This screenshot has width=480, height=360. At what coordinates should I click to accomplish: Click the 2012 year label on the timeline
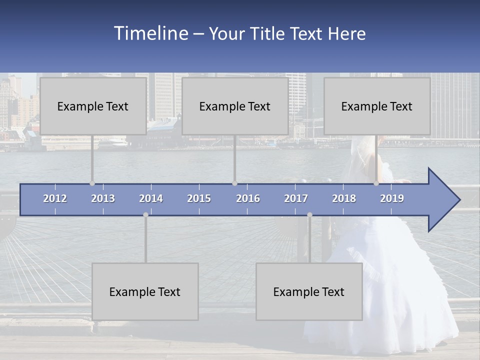[x=55, y=198]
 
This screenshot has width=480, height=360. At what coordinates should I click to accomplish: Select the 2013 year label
[x=103, y=198]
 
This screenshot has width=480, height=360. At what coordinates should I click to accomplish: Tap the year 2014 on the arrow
[x=151, y=198]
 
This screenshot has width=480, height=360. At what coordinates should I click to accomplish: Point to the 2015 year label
[x=199, y=198]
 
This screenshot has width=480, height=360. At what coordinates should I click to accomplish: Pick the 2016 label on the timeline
[x=248, y=198]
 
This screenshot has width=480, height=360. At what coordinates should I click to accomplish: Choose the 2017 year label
[x=296, y=198]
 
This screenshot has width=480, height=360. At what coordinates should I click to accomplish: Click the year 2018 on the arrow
[x=344, y=198]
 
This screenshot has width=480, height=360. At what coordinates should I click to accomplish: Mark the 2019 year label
[x=392, y=198]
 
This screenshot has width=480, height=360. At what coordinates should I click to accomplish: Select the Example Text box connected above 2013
[x=93, y=106]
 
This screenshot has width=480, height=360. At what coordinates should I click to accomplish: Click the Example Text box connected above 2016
[x=235, y=106]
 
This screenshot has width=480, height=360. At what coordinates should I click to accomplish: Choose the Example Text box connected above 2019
[x=377, y=106]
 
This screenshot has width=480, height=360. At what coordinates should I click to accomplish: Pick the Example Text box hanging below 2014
[x=145, y=291]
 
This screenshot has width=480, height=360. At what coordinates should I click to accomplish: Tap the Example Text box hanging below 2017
[x=309, y=291]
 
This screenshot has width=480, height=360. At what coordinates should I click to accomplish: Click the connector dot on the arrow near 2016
[x=234, y=183]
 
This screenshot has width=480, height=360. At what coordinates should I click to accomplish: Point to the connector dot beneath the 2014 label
[x=145, y=215]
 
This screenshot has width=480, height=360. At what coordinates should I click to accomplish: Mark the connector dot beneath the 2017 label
[x=309, y=215]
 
